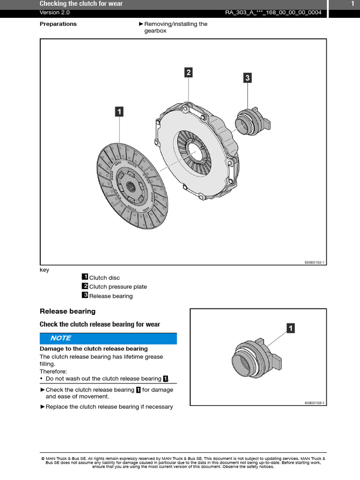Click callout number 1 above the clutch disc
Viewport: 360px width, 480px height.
(x=119, y=112)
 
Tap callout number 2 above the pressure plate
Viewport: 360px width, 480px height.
(x=188, y=72)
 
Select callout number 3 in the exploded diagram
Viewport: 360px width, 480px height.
(x=247, y=78)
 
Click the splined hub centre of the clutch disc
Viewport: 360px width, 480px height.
(x=130, y=187)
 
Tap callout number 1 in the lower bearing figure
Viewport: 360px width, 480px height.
(x=291, y=328)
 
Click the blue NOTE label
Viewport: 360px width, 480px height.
(x=61, y=338)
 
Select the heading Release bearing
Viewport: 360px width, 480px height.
(x=67, y=311)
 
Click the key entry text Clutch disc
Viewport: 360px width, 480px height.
(x=105, y=278)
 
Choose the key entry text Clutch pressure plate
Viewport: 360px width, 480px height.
(x=118, y=287)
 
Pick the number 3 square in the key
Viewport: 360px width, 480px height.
(x=85, y=295)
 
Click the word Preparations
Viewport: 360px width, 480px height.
(x=58, y=24)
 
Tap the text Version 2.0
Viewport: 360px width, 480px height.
(x=55, y=13)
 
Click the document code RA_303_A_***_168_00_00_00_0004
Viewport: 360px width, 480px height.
(x=273, y=13)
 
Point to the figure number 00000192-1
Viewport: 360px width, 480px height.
(x=315, y=262)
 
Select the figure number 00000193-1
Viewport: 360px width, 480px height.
(x=315, y=403)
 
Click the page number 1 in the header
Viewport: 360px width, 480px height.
(x=352, y=4)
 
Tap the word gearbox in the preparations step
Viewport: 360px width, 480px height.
(x=155, y=31)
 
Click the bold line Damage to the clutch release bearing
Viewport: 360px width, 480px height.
(x=94, y=349)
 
